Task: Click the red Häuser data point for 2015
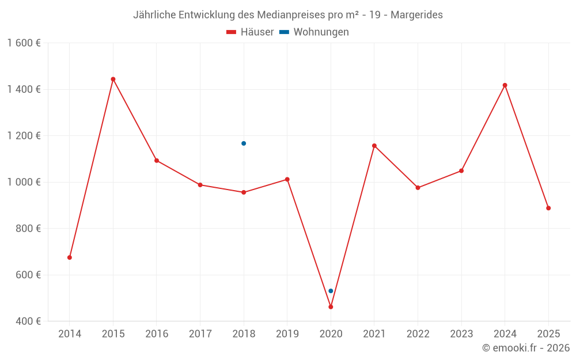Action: [113, 79]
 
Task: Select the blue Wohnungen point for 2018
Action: [244, 143]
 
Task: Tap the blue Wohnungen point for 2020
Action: [331, 291]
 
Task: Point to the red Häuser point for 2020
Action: [331, 307]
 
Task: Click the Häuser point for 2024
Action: [505, 85]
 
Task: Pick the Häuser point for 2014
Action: [70, 257]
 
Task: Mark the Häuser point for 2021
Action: [374, 146]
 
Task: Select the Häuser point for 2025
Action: [548, 208]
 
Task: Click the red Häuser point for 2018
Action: [244, 192]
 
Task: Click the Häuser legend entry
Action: [251, 32]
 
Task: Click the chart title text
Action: [288, 15]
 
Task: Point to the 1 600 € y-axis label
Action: [24, 43]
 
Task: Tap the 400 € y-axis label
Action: [28, 321]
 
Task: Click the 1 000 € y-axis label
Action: [24, 182]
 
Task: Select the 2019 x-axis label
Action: [287, 334]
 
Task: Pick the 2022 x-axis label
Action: [418, 334]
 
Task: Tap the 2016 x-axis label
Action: [157, 334]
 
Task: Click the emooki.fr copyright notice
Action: [525, 348]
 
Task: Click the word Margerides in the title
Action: [417, 15]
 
